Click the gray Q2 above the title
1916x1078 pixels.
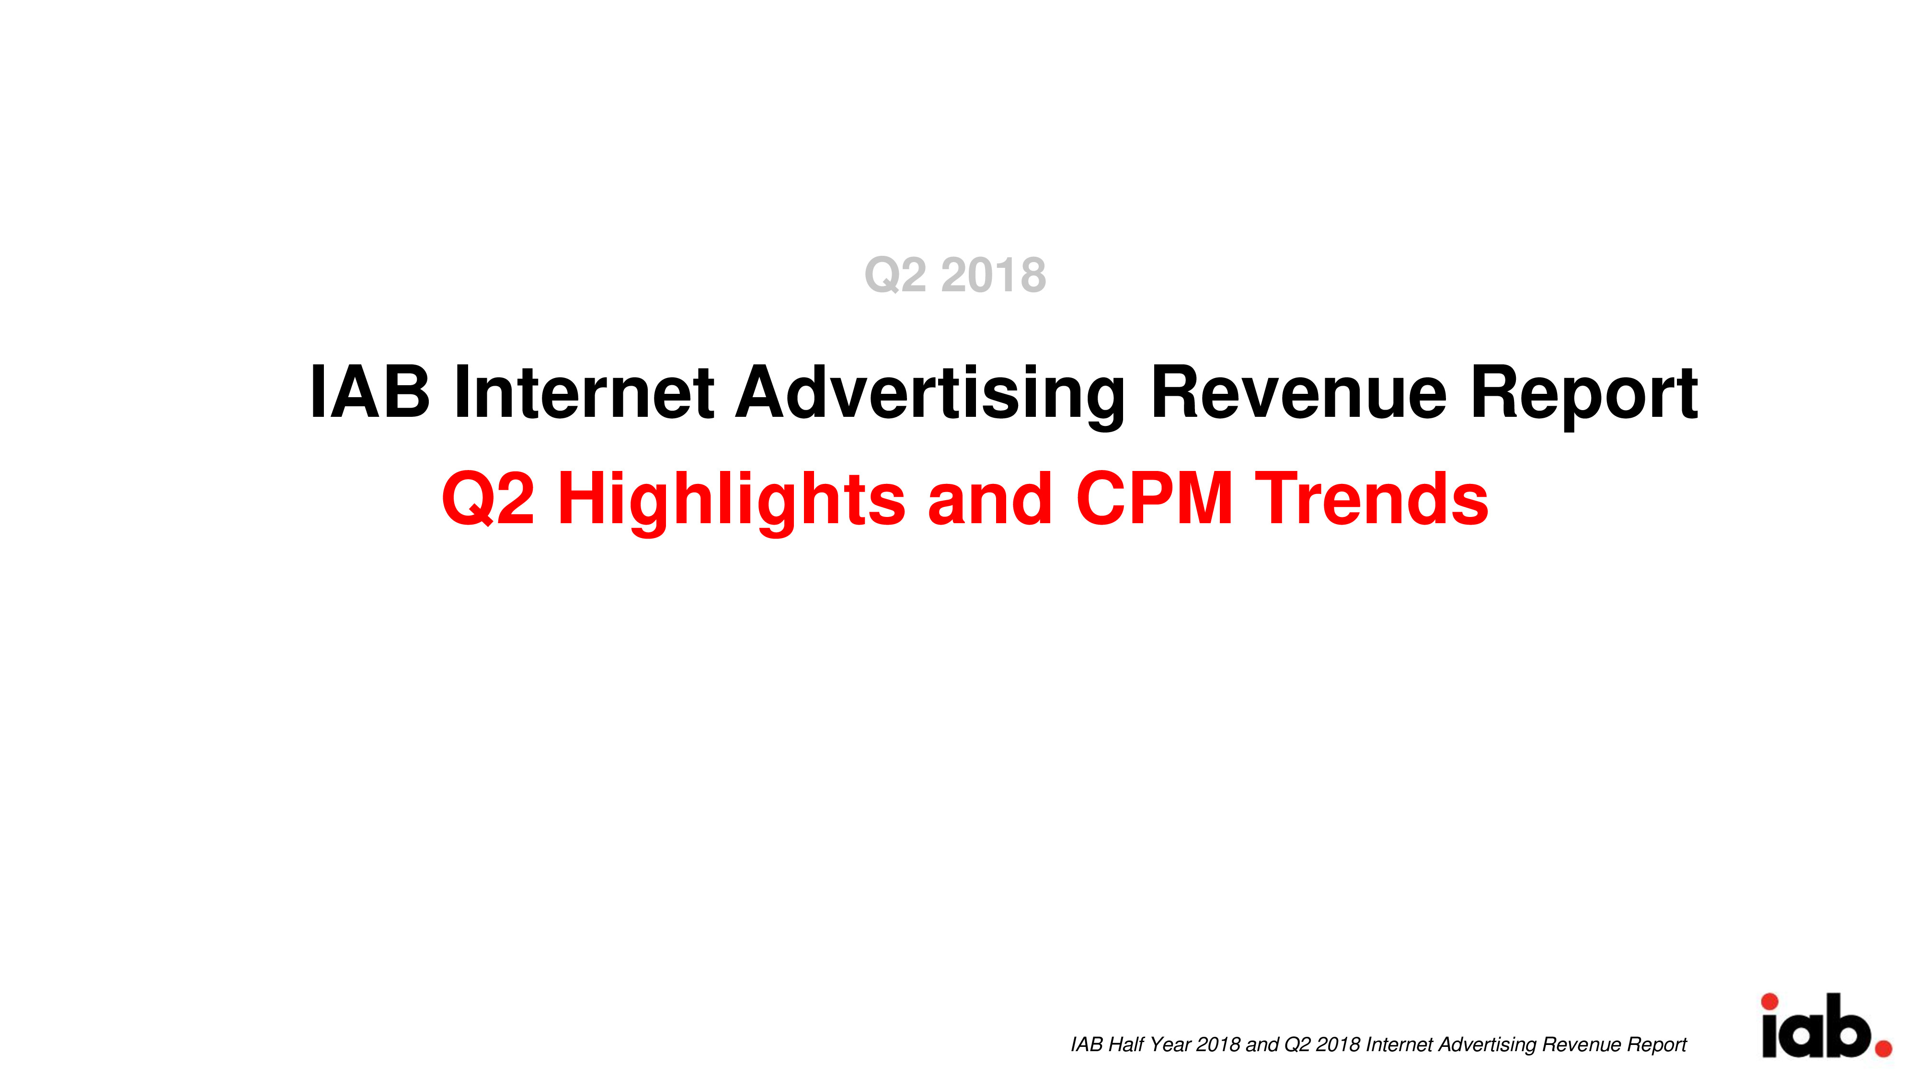pyautogui.click(x=895, y=276)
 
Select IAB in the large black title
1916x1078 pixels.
pyautogui.click(x=370, y=392)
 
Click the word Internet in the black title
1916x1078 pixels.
pyautogui.click(x=584, y=392)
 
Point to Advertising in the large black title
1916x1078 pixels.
pyautogui.click(x=930, y=397)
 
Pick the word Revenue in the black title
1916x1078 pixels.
pyautogui.click(x=1299, y=392)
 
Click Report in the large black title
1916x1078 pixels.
pyautogui.click(x=1584, y=397)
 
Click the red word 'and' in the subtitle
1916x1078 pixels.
pyautogui.click(x=989, y=498)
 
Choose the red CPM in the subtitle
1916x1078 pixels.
pyautogui.click(x=1154, y=498)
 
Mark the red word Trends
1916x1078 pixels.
pyautogui.click(x=1372, y=498)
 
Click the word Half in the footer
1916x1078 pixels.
pyautogui.click(x=1126, y=1044)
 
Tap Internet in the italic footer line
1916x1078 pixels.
pyautogui.click(x=1400, y=1044)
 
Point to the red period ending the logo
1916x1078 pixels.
pyautogui.click(x=1884, y=1049)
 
